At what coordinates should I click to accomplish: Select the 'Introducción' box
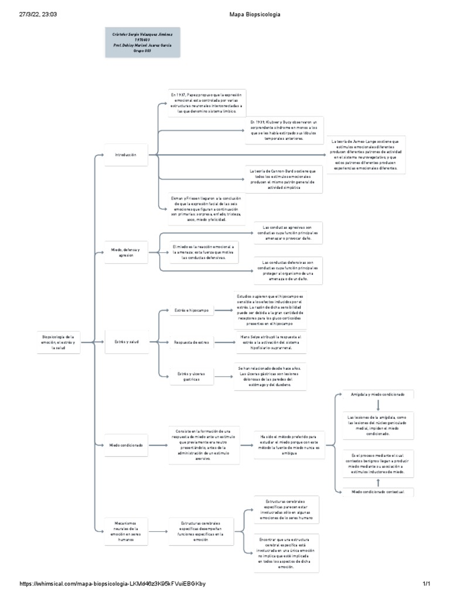coord(126,154)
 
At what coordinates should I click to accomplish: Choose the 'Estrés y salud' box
coord(126,342)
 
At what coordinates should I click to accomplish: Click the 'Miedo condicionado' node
coord(126,445)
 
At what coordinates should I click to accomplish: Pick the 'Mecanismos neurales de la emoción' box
coord(126,531)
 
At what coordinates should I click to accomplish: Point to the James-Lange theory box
coord(366,154)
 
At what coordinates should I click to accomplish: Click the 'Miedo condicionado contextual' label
coord(378,492)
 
